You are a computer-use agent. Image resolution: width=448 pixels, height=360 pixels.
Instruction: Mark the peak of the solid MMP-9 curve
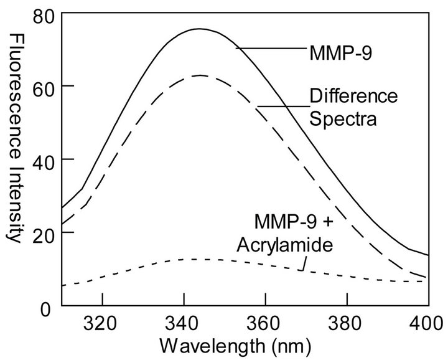coord(199,29)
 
